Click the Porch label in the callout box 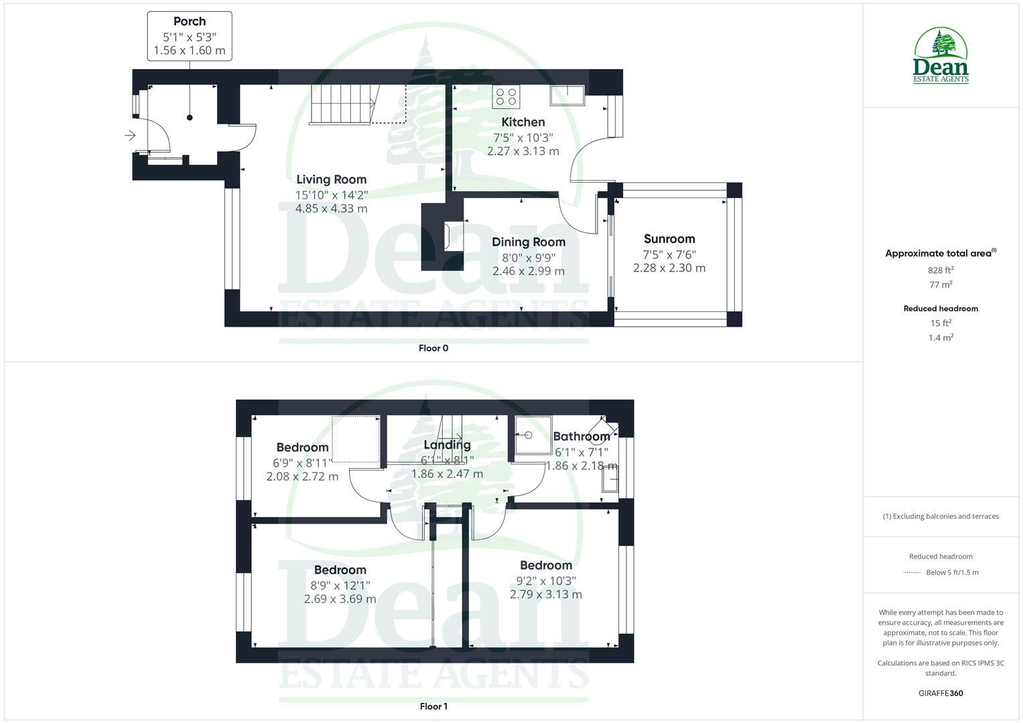[190, 21]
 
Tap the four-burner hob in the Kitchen [506, 97]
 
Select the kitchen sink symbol [567, 95]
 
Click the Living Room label [332, 179]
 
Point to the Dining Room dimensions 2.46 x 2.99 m [529, 271]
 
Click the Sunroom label [669, 239]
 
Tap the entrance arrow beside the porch [130, 136]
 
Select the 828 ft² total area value [941, 270]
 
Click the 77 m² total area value [941, 285]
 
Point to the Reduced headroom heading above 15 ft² [941, 309]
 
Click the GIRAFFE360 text [941, 694]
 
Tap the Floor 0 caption [433, 348]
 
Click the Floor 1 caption [433, 706]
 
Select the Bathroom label [582, 436]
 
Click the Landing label [447, 445]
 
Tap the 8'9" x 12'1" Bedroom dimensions [340, 585]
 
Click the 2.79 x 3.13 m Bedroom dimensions [546, 594]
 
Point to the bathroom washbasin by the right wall [610, 479]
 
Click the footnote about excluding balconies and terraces [941, 516]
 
